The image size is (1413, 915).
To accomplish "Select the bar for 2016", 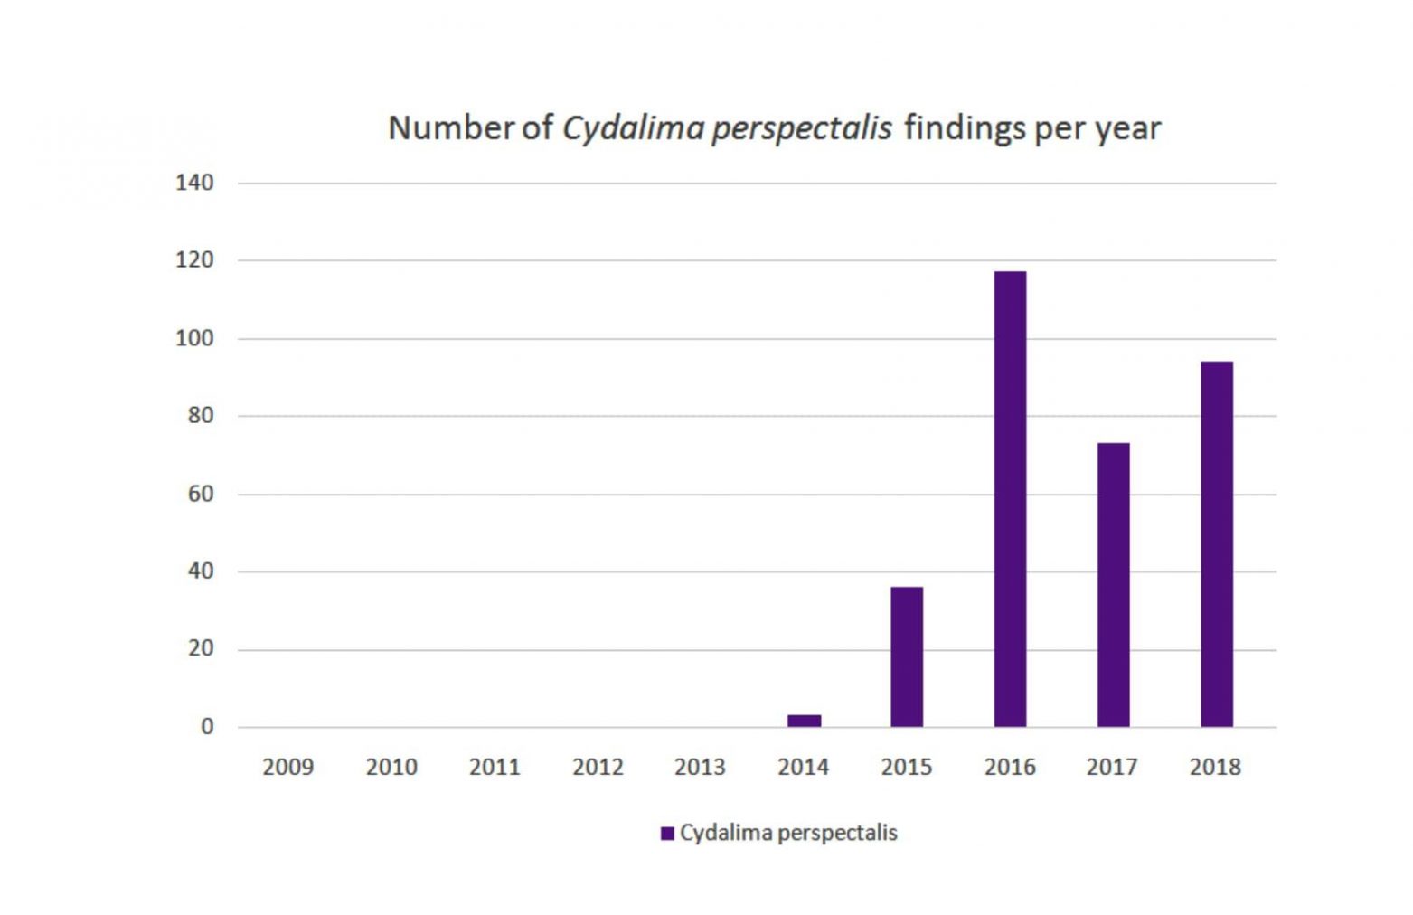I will tap(1010, 499).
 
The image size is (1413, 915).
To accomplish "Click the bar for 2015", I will tap(907, 657).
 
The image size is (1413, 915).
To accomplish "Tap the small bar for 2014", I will tap(804, 721).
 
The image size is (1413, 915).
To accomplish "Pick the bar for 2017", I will tap(1113, 585).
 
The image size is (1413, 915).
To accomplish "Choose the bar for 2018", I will tap(1216, 544).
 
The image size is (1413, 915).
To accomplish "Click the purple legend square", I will tap(667, 834).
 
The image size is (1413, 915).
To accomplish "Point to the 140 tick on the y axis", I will tap(194, 183).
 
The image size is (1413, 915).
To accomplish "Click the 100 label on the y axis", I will tap(194, 339).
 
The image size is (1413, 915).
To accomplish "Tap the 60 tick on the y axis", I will tap(200, 494).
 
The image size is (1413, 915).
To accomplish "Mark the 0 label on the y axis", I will tap(207, 727).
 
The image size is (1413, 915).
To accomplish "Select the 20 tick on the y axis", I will tap(200, 649).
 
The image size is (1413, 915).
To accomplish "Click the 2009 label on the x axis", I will tap(287, 768).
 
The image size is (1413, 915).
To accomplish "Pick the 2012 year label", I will tap(598, 768).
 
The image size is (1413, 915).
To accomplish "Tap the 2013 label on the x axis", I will tap(700, 768).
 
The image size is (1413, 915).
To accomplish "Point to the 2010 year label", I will tap(391, 768).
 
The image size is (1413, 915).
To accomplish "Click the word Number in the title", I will tap(450, 128).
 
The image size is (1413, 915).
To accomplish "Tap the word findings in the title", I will tap(964, 128).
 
